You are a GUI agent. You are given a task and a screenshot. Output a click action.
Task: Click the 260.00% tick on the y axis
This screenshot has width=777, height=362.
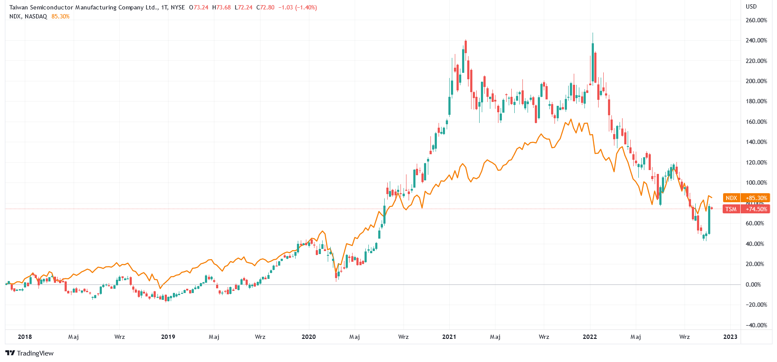pyautogui.click(x=756, y=20)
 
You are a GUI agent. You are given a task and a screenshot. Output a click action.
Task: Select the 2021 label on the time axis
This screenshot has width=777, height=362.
pyautogui.click(x=449, y=337)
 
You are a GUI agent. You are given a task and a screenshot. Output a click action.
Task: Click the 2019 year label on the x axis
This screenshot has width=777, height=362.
pyautogui.click(x=168, y=337)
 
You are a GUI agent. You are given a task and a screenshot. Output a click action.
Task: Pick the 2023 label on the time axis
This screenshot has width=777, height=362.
pyautogui.click(x=730, y=337)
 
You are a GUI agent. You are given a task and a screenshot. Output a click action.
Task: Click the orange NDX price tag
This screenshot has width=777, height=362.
pyautogui.click(x=731, y=198)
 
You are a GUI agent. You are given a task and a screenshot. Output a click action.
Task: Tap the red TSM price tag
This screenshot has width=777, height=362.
pyautogui.click(x=731, y=209)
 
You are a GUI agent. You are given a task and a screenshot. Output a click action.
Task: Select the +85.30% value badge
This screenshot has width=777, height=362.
pyautogui.click(x=756, y=198)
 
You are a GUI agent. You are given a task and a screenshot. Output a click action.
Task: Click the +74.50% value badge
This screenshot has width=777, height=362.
pyautogui.click(x=756, y=209)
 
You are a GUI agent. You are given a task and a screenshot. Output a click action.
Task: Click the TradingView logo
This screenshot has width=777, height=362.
pyautogui.click(x=30, y=353)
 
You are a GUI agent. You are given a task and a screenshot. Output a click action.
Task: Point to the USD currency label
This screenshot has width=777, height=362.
pyautogui.click(x=751, y=6)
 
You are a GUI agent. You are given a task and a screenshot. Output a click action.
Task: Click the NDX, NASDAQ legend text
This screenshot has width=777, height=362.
pyautogui.click(x=28, y=16)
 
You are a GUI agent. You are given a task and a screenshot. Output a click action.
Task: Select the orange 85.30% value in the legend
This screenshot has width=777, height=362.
pyautogui.click(x=60, y=16)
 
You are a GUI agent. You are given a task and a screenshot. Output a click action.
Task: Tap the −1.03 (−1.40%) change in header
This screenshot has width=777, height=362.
pyautogui.click(x=298, y=7)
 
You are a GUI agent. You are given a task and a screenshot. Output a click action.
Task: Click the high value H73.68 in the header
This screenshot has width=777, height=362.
pyautogui.click(x=221, y=7)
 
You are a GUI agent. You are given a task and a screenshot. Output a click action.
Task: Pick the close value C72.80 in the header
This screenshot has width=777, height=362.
pyautogui.click(x=265, y=7)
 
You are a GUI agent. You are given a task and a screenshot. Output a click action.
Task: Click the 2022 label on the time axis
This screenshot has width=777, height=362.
pyautogui.click(x=590, y=337)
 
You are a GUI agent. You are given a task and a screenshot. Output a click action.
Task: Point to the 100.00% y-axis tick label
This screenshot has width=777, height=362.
pyautogui.click(x=756, y=182)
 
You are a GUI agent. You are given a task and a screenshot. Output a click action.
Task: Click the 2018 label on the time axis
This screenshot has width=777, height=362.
pyautogui.click(x=25, y=337)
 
